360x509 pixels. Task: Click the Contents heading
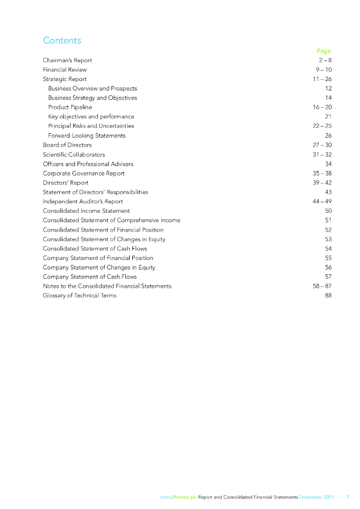point(62,40)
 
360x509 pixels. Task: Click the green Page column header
point(323,51)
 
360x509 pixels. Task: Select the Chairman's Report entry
point(67,60)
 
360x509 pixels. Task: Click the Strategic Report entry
point(65,79)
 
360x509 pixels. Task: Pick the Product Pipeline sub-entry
point(70,107)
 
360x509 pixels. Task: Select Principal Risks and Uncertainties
point(91,126)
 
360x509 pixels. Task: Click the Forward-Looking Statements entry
point(87,136)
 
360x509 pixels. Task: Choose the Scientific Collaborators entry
point(74,155)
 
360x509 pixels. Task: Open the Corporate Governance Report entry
point(84,173)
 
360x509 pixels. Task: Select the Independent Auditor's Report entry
point(83,201)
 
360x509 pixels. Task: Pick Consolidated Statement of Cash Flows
point(95,249)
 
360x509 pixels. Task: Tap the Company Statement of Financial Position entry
point(98,258)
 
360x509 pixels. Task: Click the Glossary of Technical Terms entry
point(80,296)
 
